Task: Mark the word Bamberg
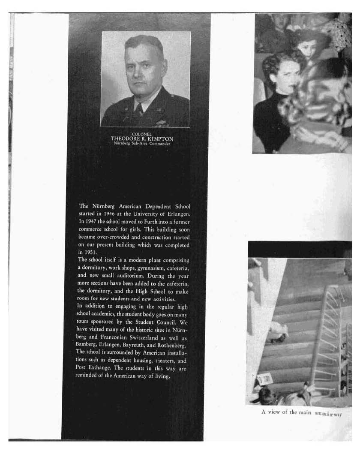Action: click(x=87, y=345)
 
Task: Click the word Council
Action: click(x=165, y=322)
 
